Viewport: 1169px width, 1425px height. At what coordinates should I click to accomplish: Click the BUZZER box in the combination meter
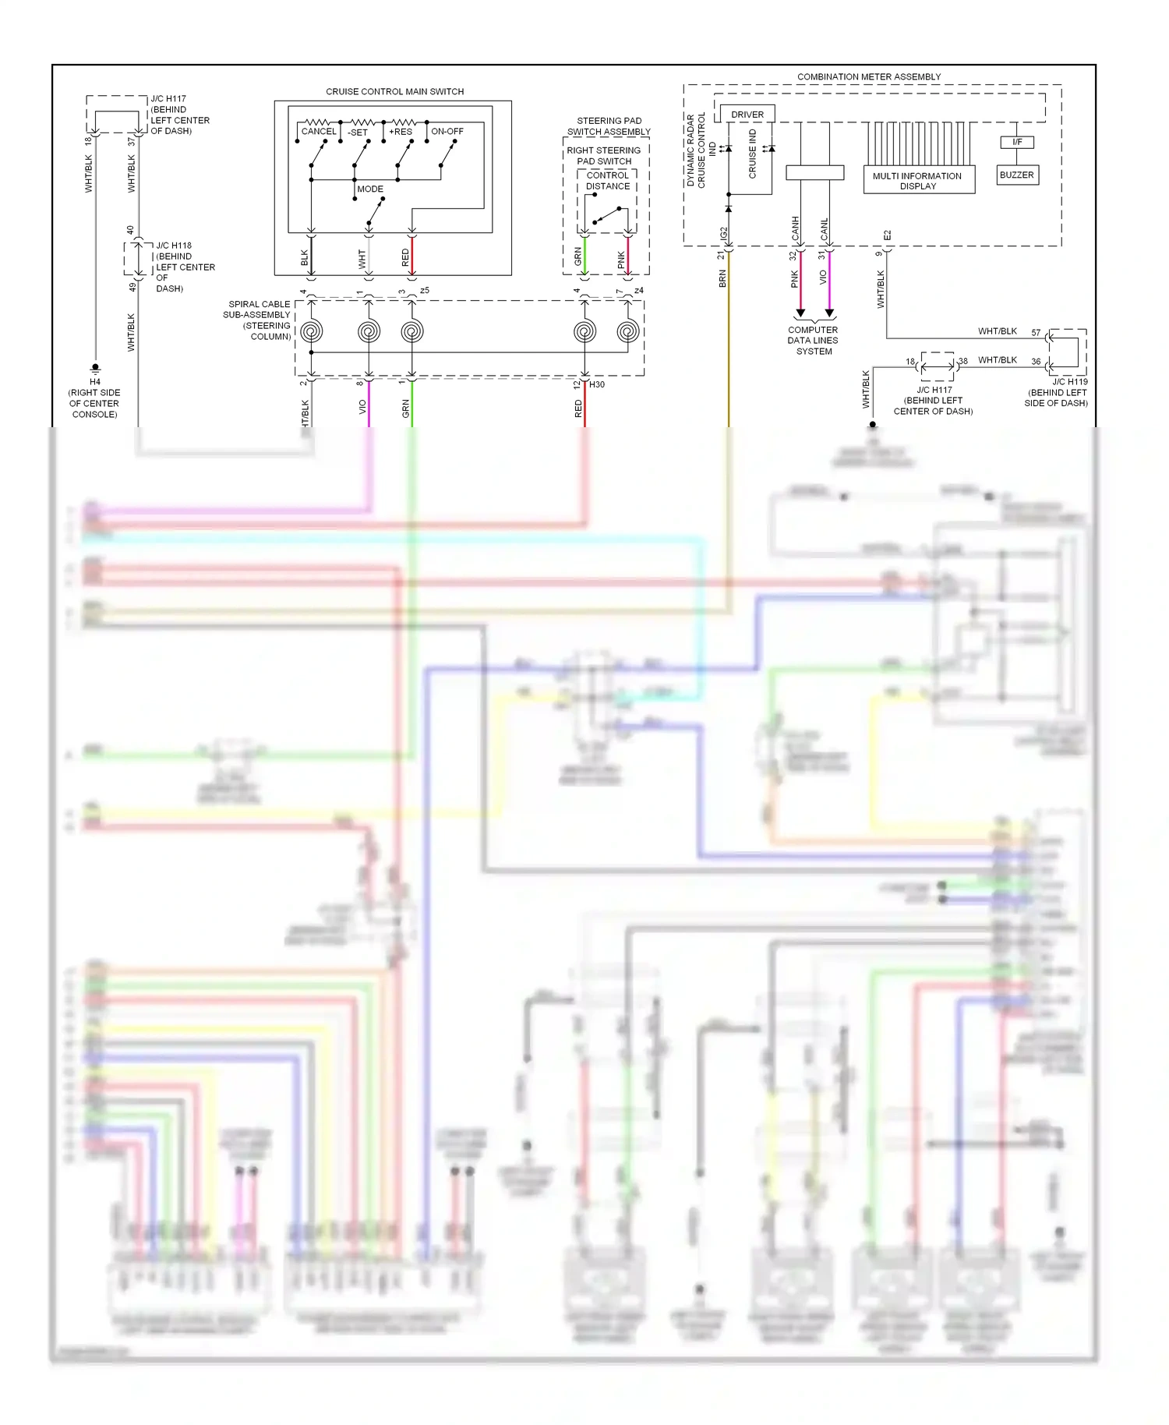(x=1016, y=175)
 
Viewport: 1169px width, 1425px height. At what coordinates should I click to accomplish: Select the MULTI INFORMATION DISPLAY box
(x=917, y=180)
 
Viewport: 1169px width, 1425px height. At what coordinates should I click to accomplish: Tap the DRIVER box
(x=747, y=115)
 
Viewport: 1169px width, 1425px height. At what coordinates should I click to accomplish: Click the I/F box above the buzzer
(x=1016, y=142)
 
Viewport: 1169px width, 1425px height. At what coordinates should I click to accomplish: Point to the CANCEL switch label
(x=319, y=132)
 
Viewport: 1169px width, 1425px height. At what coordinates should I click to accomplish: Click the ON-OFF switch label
(x=447, y=132)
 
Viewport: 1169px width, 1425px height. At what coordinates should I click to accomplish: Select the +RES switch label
(x=401, y=132)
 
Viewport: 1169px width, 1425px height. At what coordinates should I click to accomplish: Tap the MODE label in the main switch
(x=370, y=189)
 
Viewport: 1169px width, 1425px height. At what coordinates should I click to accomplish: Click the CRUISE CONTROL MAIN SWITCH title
(x=394, y=91)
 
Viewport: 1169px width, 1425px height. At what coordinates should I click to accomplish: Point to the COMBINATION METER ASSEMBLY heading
(x=868, y=76)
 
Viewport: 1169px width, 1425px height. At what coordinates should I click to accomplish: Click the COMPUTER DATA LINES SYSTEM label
(x=813, y=341)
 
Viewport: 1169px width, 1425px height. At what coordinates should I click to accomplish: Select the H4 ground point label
(x=94, y=382)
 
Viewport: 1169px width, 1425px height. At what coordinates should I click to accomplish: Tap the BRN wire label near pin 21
(x=722, y=279)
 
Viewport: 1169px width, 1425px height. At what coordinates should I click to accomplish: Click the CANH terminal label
(x=796, y=228)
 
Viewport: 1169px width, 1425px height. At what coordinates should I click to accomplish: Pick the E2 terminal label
(x=887, y=235)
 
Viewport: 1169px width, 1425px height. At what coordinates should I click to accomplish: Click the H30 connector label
(x=596, y=384)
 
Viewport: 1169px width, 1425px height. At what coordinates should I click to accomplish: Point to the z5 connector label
(x=424, y=291)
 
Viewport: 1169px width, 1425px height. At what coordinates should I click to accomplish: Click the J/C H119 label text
(x=1069, y=382)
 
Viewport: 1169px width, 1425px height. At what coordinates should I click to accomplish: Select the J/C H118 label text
(x=173, y=245)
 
